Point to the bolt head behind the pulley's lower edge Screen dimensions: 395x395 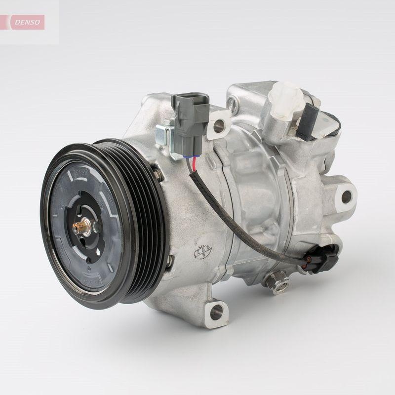(169, 260)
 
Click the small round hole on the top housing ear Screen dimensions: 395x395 (231, 104)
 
